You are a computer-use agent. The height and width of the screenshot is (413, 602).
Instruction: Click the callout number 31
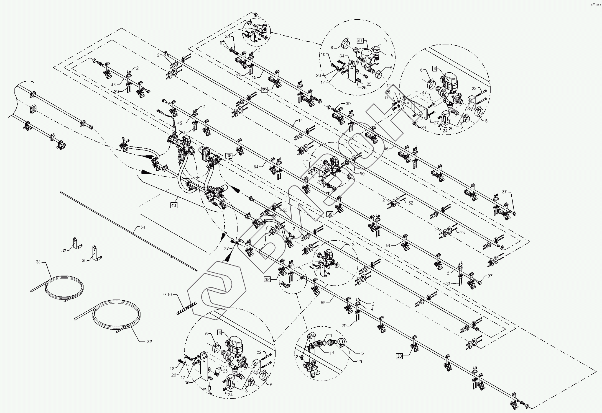coord(38,262)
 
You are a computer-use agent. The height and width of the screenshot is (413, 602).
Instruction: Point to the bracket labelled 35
coord(96,253)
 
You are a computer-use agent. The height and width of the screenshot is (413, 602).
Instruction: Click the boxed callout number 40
coord(173,205)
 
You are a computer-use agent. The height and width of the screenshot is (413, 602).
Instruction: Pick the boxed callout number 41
coord(360,41)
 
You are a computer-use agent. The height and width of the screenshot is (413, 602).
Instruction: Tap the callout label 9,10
coord(167,294)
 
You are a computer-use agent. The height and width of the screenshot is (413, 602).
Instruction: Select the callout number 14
coord(301,120)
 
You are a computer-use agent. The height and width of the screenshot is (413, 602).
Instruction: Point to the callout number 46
coord(386,149)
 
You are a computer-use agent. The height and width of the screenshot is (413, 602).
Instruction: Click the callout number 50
coord(362,174)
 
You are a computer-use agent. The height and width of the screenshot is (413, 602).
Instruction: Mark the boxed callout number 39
coord(264,90)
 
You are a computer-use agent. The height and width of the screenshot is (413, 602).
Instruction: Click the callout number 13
coord(352,245)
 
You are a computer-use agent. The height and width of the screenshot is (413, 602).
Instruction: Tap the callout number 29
coord(360,361)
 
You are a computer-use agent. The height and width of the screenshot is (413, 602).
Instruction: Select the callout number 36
coord(187,382)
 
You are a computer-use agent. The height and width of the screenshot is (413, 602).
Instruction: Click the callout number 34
coord(342,56)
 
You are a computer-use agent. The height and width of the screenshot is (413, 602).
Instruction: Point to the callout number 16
coord(388,245)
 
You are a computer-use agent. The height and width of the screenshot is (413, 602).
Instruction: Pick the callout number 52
coord(411,203)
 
